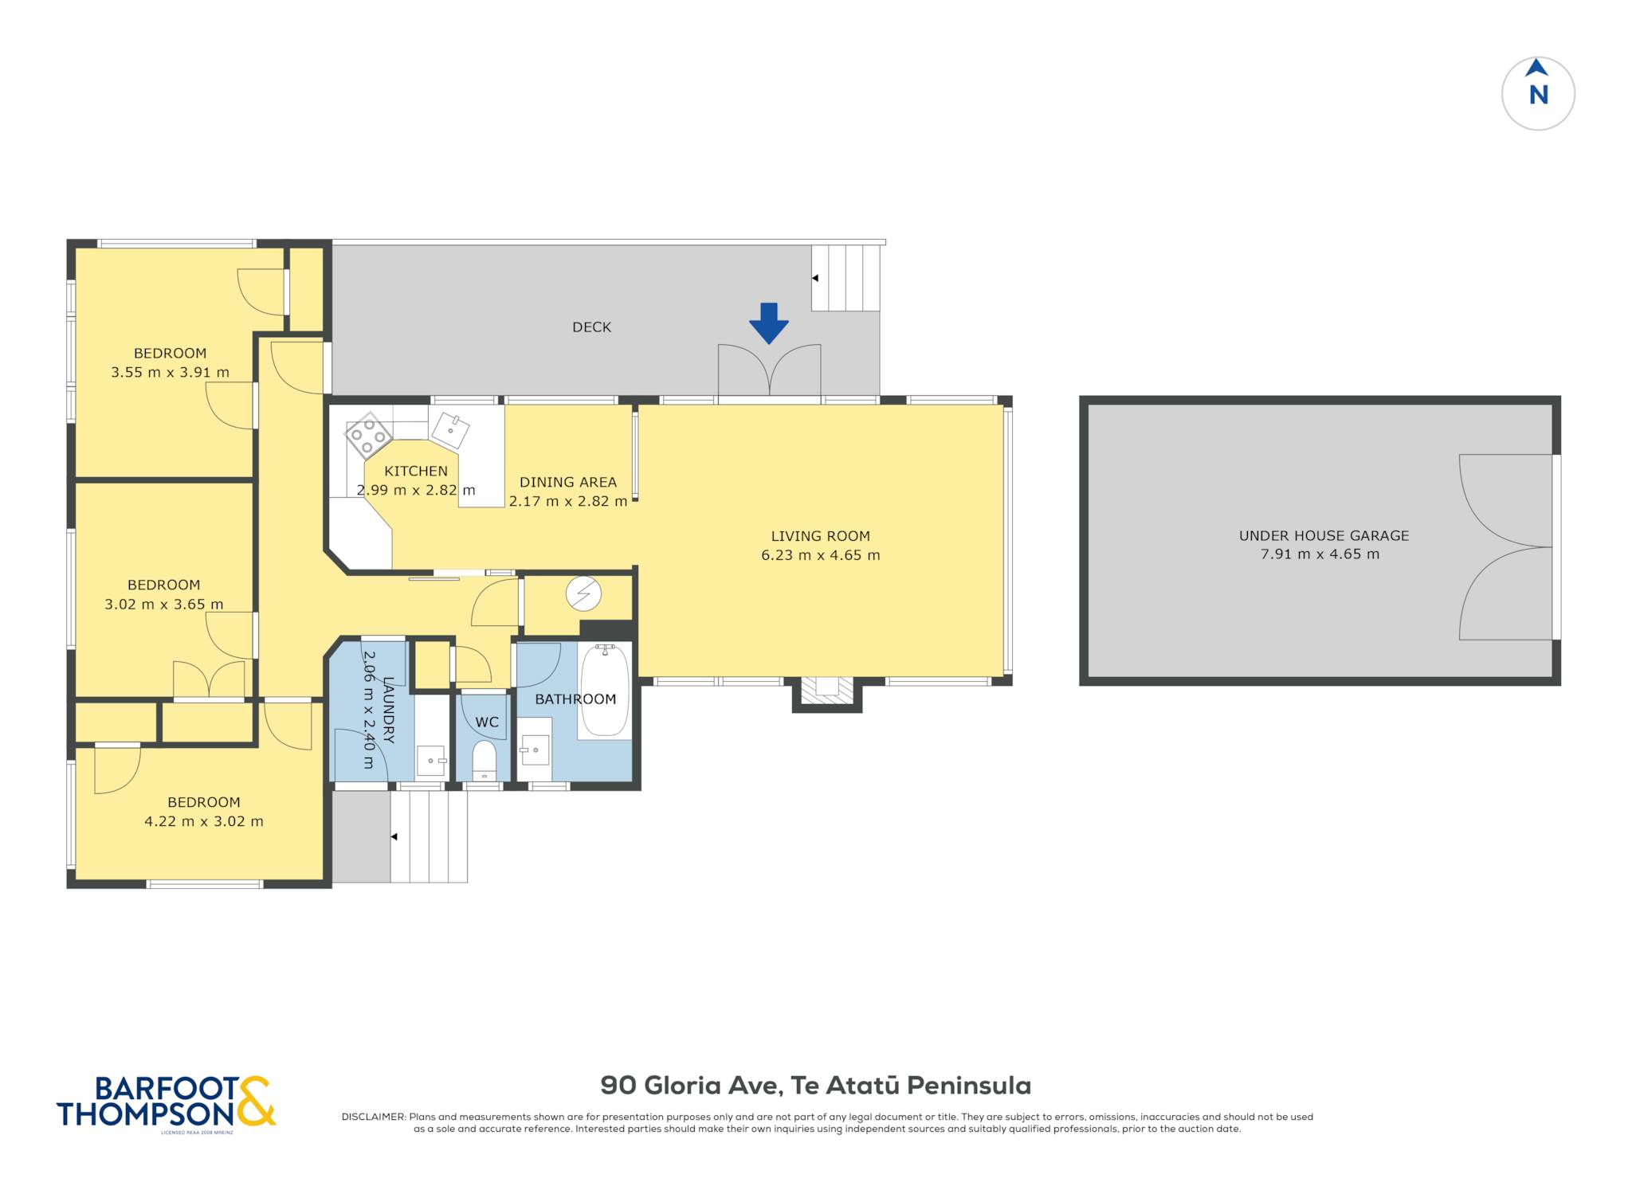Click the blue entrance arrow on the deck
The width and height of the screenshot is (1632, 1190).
click(x=768, y=323)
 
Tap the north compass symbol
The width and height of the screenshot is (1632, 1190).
click(x=1538, y=93)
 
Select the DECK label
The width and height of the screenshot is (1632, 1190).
click(x=592, y=327)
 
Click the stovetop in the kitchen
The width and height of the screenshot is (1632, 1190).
click(x=367, y=436)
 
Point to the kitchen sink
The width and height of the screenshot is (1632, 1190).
click(x=450, y=431)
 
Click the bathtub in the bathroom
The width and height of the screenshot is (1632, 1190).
click(x=605, y=691)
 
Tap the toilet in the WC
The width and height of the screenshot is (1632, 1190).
click(x=484, y=761)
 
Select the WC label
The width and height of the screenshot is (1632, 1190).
click(x=487, y=722)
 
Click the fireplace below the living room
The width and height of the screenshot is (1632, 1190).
click(x=827, y=692)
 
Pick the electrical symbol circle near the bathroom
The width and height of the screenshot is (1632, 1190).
click(x=583, y=593)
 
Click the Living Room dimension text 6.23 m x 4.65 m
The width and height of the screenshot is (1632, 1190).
click(x=821, y=555)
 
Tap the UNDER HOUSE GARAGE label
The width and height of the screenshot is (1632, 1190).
click(x=1324, y=536)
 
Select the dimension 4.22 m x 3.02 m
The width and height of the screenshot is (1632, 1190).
click(x=204, y=821)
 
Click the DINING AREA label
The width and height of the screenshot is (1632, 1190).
click(x=568, y=482)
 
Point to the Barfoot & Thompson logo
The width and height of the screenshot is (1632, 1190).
click(x=166, y=1103)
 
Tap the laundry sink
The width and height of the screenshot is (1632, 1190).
click(x=431, y=761)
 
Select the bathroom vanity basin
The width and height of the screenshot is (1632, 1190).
click(x=535, y=750)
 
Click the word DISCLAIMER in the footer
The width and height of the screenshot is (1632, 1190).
click(x=374, y=1117)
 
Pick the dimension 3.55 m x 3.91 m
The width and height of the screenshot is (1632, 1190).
click(x=170, y=372)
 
